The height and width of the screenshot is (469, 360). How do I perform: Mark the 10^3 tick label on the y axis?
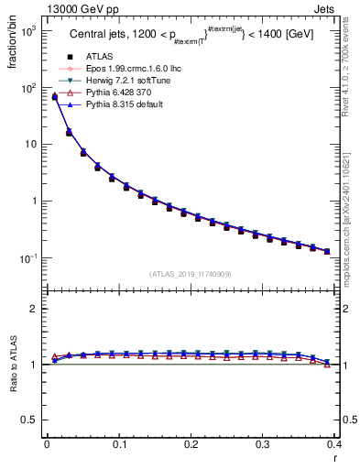(x=28, y=31)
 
